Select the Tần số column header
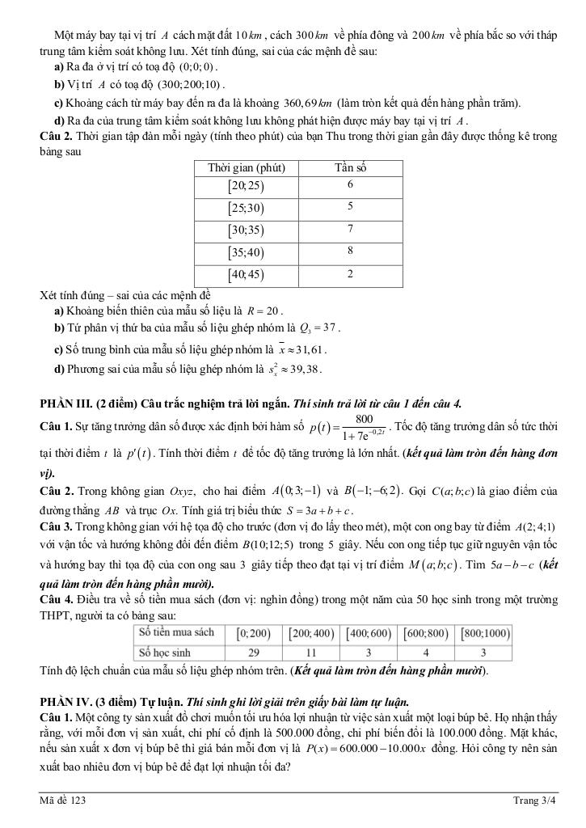[350, 168]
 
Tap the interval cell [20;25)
[247, 186]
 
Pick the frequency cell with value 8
[350, 251]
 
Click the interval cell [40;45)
[247, 275]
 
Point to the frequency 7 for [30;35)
[350, 230]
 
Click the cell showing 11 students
[311, 652]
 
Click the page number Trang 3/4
[534, 801]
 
